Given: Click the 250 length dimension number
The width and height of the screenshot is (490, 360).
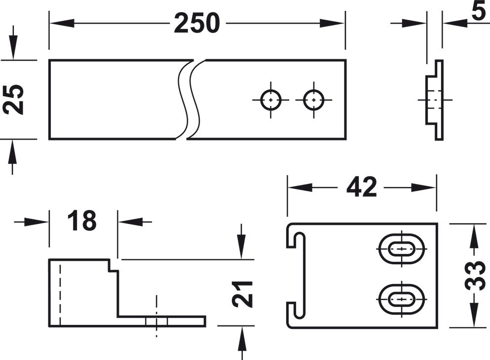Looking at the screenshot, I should [x=196, y=23].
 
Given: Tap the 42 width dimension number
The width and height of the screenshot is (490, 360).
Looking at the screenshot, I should [x=361, y=187].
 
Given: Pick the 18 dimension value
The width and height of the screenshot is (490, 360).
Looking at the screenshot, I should [x=82, y=221].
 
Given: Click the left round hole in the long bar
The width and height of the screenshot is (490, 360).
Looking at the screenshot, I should [x=270, y=100].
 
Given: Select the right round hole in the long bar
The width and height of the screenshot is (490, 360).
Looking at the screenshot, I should [x=313, y=100].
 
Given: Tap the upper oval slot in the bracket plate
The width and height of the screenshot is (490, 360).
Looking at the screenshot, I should [x=402, y=249].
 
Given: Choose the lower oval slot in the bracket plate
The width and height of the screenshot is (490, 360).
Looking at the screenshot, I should [x=402, y=299].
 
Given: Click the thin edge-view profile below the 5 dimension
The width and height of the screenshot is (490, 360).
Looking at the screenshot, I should [x=436, y=100].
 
